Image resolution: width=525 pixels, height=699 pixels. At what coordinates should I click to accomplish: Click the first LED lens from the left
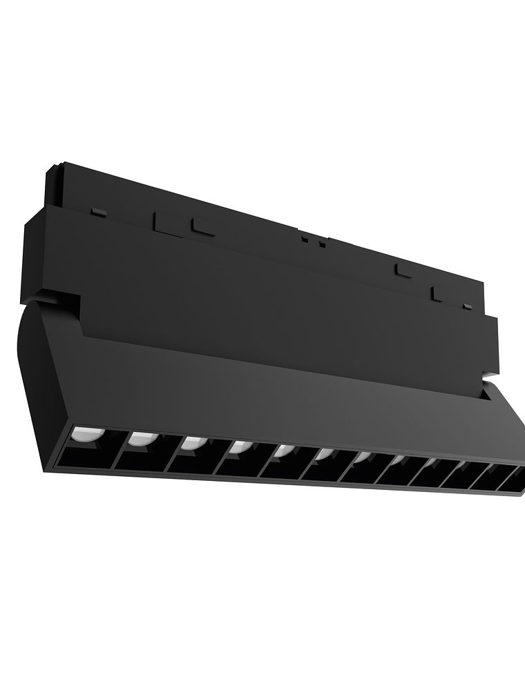pos(88,435)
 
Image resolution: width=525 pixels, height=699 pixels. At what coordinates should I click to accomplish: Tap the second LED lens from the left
pos(142,439)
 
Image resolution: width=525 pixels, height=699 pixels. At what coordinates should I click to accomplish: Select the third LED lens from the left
pos(193,444)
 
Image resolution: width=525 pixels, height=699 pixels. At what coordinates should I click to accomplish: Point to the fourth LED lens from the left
pos(240,448)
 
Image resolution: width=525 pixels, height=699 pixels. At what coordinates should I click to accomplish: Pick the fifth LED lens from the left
pos(284,451)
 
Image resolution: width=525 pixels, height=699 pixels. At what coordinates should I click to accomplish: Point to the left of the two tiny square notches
pos(304,239)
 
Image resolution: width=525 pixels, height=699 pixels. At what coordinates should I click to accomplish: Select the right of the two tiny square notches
pos(321,243)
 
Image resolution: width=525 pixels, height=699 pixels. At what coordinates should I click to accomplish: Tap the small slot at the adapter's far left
pos(99,213)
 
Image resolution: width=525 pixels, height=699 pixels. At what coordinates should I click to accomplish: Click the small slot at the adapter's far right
pos(468,306)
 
